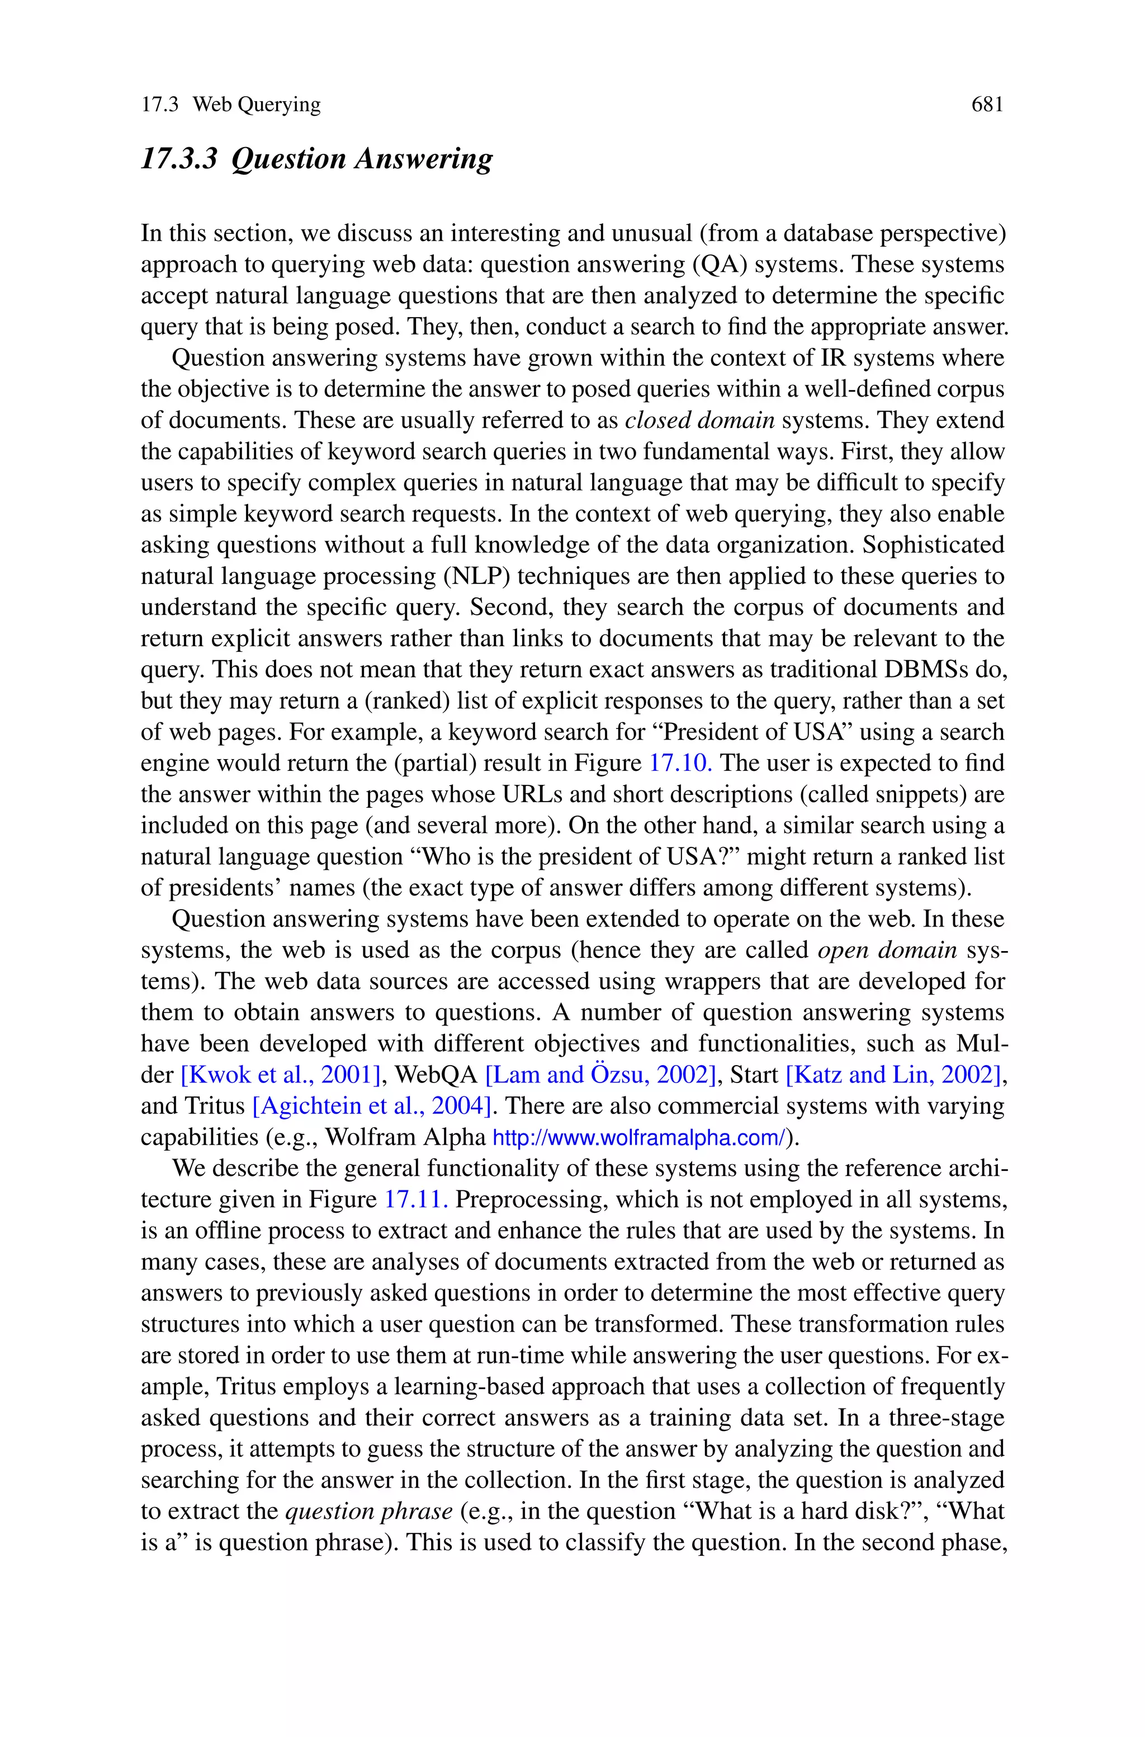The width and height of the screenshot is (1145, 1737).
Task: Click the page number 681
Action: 987,105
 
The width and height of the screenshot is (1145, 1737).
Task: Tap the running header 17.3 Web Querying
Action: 231,105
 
